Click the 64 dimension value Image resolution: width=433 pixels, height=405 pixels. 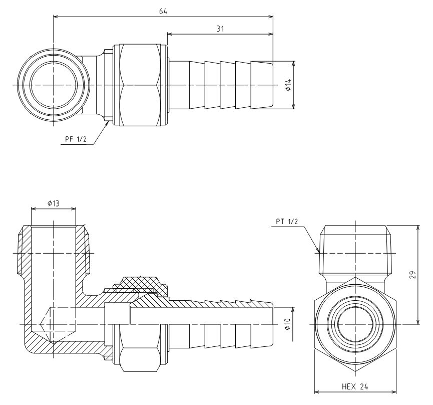[163, 12]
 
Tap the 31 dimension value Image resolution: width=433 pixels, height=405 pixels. [220, 29]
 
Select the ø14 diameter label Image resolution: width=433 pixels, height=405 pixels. [288, 85]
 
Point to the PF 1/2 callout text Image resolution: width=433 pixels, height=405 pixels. [76, 139]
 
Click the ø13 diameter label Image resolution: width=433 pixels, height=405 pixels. [53, 204]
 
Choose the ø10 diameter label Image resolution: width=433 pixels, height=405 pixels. [287, 324]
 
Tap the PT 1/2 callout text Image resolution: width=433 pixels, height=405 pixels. [287, 222]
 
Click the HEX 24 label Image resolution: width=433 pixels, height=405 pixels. [355, 386]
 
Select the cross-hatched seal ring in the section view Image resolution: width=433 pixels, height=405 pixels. [141, 283]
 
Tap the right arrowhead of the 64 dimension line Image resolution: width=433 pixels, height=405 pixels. [270, 17]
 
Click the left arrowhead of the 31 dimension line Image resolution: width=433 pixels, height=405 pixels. [170, 34]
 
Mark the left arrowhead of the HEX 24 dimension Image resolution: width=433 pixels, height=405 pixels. [317, 392]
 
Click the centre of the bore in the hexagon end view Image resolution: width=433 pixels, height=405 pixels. [355, 324]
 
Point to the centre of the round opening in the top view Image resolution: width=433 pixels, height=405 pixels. [53, 85]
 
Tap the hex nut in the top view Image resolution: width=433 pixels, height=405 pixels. [140, 85]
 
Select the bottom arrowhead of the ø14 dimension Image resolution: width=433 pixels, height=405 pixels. [293, 106]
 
